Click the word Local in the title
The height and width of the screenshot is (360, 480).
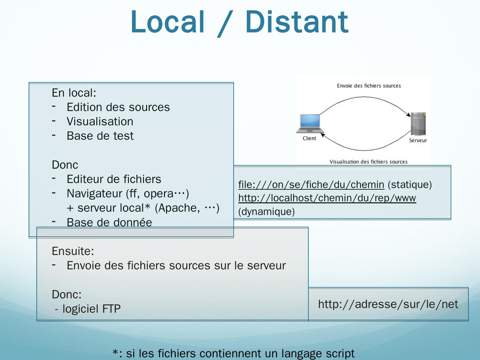coord(167,22)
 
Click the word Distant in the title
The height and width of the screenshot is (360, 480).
coord(297,22)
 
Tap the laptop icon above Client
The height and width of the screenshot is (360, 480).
coord(310,124)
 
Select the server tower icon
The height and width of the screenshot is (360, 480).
coord(418,124)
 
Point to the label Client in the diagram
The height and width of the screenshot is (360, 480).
coord(309,138)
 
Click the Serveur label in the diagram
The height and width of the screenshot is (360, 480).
coord(418,140)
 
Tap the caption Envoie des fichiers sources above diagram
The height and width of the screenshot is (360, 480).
coord(369,86)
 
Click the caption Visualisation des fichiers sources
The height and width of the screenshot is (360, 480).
coord(368,162)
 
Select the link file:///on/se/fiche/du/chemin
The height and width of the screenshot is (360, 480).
coord(311,184)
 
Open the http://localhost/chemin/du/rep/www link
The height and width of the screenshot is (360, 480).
coord(327,198)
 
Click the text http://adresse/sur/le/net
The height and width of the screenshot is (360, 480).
coord(388,304)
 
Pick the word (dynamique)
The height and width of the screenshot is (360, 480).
coord(266,212)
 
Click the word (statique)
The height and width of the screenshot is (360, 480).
coord(410,184)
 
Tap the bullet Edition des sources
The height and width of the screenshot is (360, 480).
coord(118,107)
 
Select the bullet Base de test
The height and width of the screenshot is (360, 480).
coord(100,136)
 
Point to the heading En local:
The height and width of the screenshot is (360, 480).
coord(74,93)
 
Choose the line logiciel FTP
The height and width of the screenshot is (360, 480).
coord(91,309)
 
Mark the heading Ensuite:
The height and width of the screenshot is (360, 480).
coord(73,251)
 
